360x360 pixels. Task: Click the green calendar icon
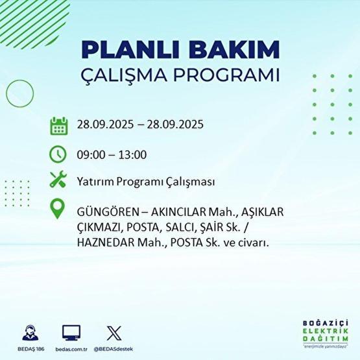(58, 125)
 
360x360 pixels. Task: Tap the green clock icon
(58, 154)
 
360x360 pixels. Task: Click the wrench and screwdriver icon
(58, 181)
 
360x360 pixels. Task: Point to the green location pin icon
(58, 210)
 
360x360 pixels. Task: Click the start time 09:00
(90, 154)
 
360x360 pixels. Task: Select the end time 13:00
(133, 154)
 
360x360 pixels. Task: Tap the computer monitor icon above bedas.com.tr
(71, 333)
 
